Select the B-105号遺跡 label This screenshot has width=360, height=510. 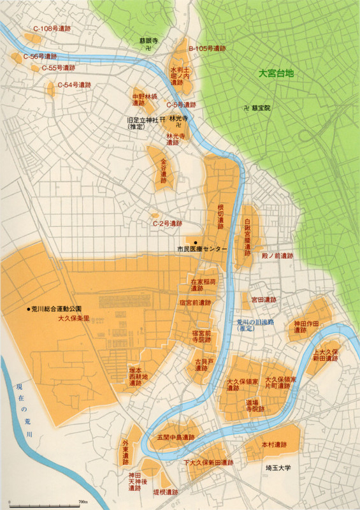tap(211, 48)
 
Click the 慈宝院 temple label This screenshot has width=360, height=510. tap(261, 108)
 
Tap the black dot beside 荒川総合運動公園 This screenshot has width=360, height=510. tap(29, 309)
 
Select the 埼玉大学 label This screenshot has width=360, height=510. tap(278, 467)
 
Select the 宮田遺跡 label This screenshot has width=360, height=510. tap(263, 299)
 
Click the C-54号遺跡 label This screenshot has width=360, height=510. tap(74, 85)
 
